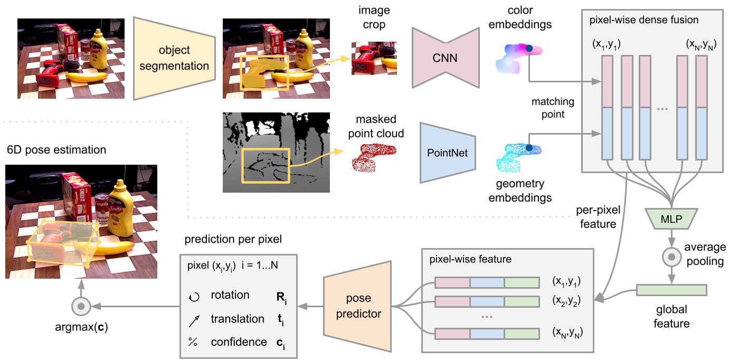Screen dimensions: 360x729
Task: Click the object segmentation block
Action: point(174,59)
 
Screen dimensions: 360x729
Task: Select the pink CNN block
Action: point(444,59)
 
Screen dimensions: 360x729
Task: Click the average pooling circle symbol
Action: point(671,257)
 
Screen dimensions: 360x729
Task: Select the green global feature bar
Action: point(671,290)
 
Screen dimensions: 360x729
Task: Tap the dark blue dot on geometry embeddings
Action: point(529,149)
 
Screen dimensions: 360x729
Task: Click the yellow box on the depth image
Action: point(266,165)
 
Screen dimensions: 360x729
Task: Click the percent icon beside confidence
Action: point(192,343)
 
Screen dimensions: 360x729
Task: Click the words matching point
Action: point(553,107)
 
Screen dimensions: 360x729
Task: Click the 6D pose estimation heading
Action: point(56,150)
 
